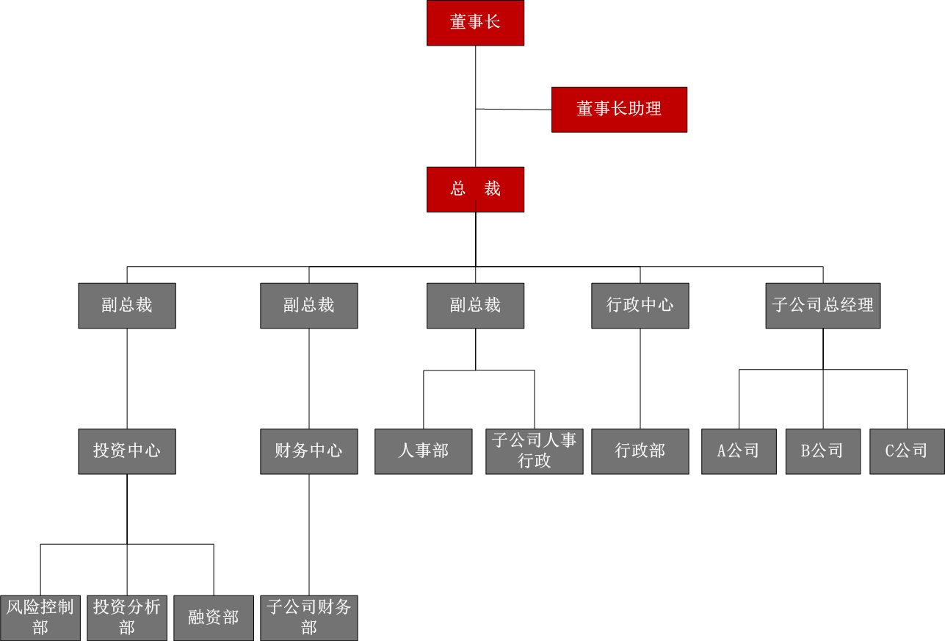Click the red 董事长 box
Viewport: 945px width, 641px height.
tap(475, 23)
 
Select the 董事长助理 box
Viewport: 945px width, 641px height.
tap(619, 110)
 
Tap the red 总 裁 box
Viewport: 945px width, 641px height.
tap(475, 190)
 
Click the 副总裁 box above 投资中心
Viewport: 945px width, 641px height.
tap(127, 306)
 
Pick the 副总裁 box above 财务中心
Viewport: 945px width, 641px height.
tap(309, 306)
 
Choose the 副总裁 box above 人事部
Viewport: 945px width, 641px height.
tap(475, 306)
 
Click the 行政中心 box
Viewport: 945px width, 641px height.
tap(640, 306)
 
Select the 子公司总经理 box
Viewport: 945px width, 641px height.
tap(822, 306)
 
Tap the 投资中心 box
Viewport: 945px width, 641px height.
tap(127, 451)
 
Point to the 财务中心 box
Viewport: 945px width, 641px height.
tap(309, 451)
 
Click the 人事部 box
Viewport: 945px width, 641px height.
tap(424, 451)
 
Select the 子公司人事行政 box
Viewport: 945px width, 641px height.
tap(535, 451)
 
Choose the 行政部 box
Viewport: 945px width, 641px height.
tap(640, 451)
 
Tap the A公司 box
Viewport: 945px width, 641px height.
tap(739, 451)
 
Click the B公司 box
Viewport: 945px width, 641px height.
tap(822, 451)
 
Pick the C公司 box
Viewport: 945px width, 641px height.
tap(907, 451)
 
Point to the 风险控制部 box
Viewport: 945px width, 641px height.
tap(40, 617)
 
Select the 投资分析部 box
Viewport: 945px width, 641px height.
tap(127, 617)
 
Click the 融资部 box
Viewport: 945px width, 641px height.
tap(214, 617)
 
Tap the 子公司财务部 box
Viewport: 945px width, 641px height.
tap(309, 617)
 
